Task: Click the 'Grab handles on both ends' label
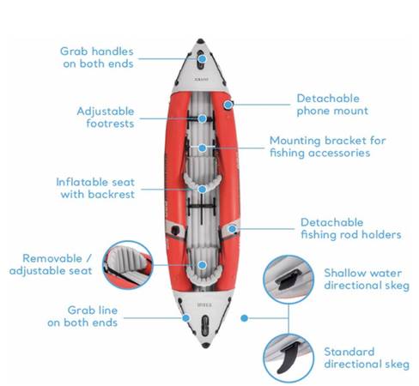pyautogui.click(x=97, y=57)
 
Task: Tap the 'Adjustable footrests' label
pyautogui.click(x=106, y=118)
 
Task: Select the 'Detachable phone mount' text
pyautogui.click(x=332, y=105)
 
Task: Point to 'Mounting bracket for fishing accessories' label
pyautogui.click(x=328, y=147)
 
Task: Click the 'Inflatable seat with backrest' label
pyautogui.click(x=95, y=188)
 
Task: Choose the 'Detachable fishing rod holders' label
pyautogui.click(x=351, y=228)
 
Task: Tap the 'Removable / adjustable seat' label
pyautogui.click(x=51, y=264)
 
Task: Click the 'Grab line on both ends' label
pyautogui.click(x=82, y=317)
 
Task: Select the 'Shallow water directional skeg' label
pyautogui.click(x=367, y=279)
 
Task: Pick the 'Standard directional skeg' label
pyautogui.click(x=367, y=358)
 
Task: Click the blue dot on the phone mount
pyautogui.click(x=228, y=105)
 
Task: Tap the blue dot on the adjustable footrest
pyautogui.click(x=203, y=118)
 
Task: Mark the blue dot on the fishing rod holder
pyautogui.click(x=233, y=229)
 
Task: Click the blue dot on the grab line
pyautogui.click(x=186, y=317)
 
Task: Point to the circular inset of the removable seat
pyautogui.click(x=128, y=265)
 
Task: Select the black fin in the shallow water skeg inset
pyautogui.click(x=288, y=280)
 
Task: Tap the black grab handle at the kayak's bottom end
pyautogui.click(x=205, y=326)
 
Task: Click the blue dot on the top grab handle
pyautogui.click(x=203, y=59)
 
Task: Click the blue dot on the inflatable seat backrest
pyautogui.click(x=203, y=190)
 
